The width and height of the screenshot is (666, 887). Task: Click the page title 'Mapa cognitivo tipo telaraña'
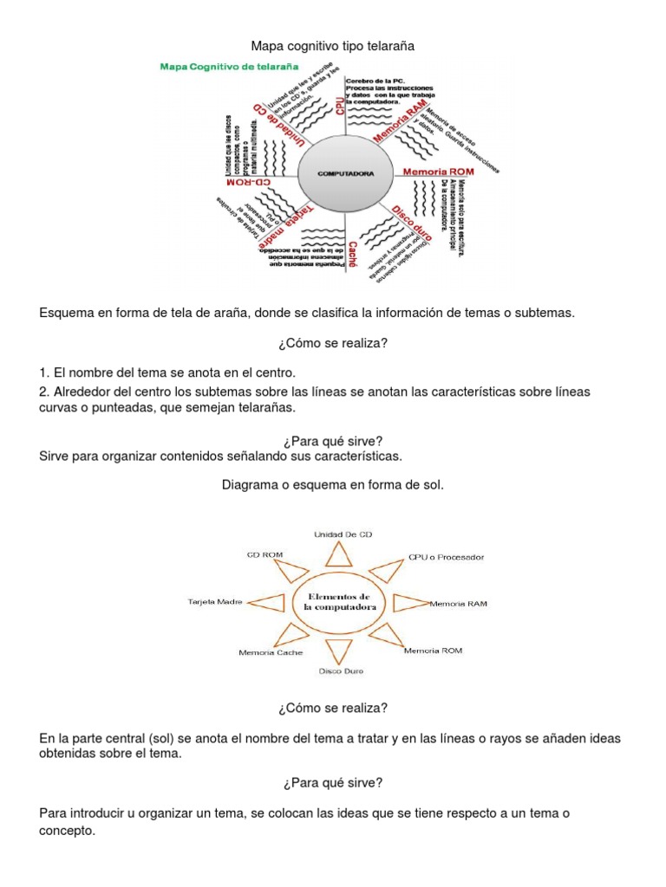(332, 45)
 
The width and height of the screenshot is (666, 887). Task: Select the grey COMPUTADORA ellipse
(345, 173)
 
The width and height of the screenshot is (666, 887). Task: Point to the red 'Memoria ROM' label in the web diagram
(437, 172)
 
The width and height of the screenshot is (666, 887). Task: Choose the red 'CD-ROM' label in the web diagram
(249, 184)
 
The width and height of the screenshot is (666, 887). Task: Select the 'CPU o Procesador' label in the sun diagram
(446, 556)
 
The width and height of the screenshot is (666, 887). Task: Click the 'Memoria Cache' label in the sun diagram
(270, 652)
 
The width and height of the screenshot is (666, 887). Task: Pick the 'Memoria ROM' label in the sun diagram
(433, 650)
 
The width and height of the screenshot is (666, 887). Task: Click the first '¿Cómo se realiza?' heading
(332, 344)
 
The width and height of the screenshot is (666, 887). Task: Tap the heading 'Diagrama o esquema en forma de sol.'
(333, 486)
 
